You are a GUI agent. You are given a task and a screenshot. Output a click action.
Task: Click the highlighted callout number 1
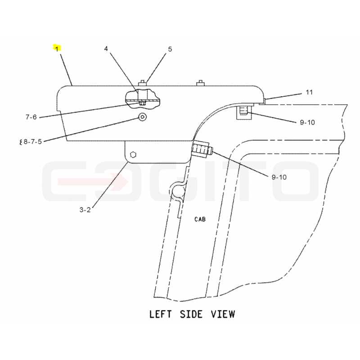[57, 49]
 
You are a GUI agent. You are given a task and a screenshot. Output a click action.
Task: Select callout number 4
[106, 49]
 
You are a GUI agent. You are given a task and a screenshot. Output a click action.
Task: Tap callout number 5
[170, 49]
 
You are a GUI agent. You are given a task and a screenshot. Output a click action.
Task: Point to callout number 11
[309, 92]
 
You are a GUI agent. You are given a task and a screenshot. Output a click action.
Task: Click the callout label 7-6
[31, 117]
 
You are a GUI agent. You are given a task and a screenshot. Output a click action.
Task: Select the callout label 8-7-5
[32, 142]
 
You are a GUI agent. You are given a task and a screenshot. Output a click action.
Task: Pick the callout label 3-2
[85, 210]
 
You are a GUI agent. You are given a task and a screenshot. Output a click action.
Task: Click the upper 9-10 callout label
[307, 122]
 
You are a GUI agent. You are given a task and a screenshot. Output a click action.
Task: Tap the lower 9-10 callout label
[279, 177]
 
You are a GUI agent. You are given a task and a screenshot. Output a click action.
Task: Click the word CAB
[200, 219]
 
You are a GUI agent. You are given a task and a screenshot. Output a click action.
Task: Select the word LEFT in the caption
[160, 314]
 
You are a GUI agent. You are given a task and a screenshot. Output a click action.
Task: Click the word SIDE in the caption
[191, 314]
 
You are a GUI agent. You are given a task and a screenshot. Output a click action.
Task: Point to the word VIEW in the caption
[223, 314]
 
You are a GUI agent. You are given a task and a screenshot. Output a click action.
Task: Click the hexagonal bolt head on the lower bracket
[133, 155]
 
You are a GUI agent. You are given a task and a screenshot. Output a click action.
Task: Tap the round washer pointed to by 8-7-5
[142, 117]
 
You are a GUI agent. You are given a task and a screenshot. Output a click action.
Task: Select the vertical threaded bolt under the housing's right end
[244, 111]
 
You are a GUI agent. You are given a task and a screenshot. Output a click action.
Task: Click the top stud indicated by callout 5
[142, 83]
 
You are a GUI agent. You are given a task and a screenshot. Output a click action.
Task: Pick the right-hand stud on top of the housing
[201, 83]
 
